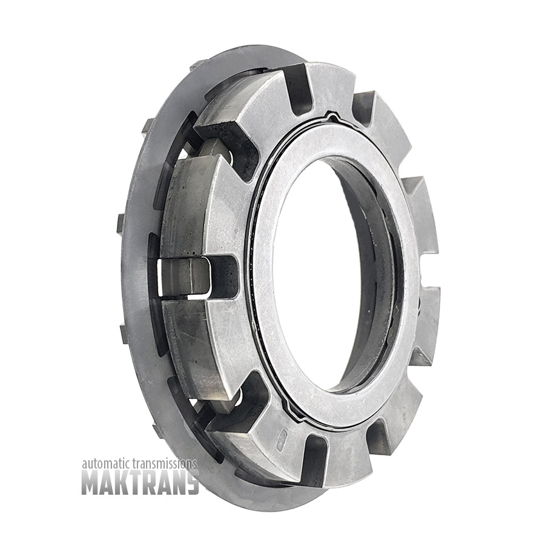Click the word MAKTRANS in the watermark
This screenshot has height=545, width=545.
click(x=140, y=482)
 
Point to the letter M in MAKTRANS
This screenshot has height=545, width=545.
click(x=91, y=482)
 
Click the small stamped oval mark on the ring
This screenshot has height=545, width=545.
click(x=280, y=440)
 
